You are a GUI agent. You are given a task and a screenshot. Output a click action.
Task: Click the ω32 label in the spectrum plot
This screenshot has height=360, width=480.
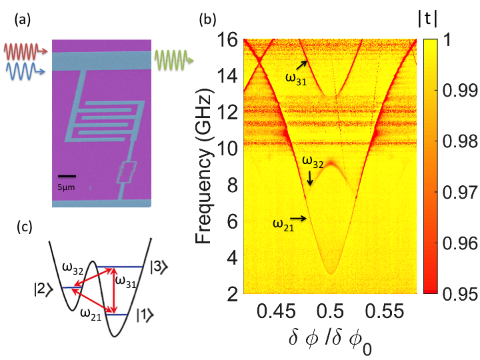[313, 161]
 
